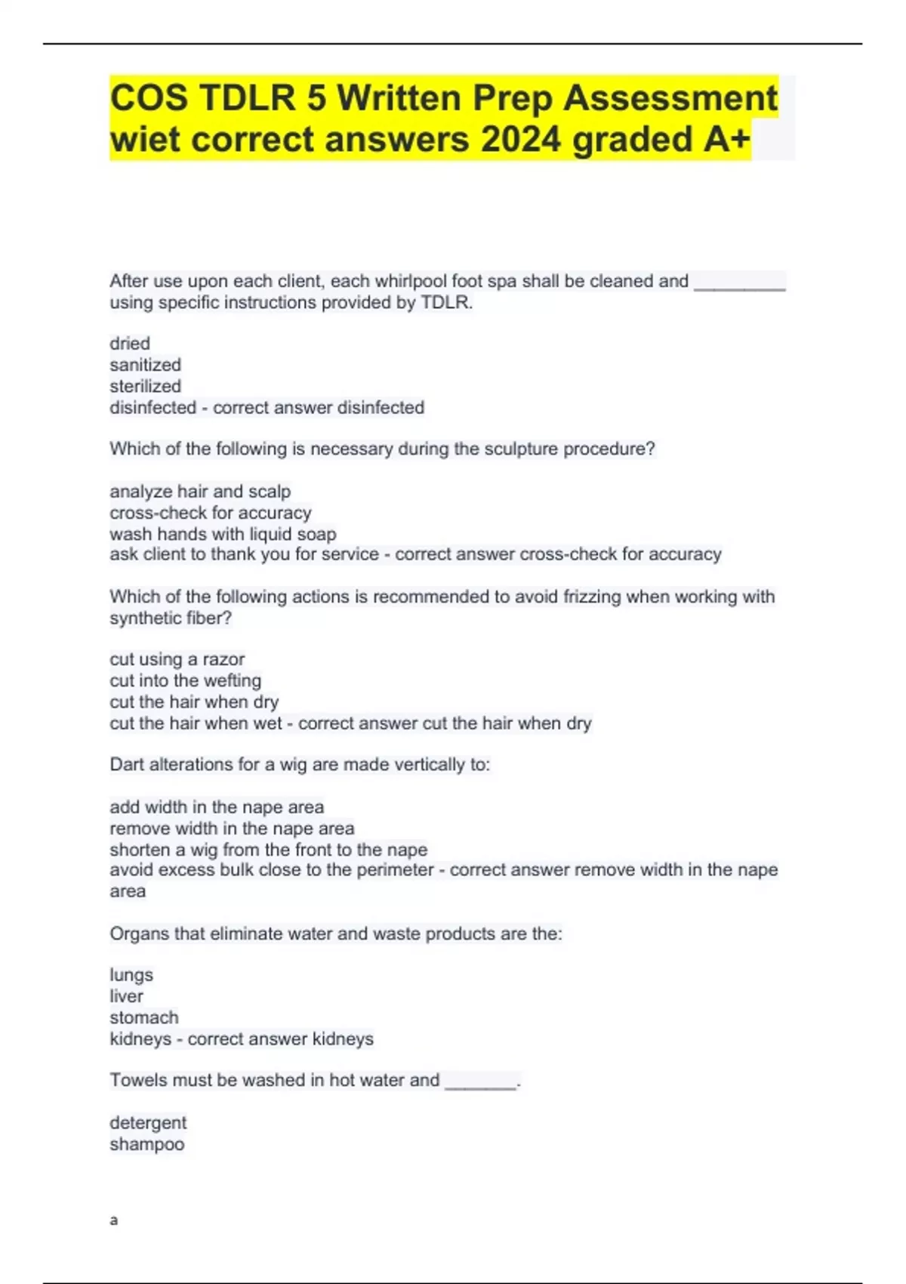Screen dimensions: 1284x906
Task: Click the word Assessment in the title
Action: pos(670,98)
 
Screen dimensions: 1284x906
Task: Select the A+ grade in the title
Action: pos(727,140)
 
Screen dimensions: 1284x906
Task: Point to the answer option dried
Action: pos(130,344)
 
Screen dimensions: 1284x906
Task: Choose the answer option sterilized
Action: pos(145,386)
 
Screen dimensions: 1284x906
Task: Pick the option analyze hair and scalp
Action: pos(200,492)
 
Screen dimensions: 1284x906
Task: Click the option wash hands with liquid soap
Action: pos(223,534)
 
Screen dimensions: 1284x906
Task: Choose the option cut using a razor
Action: pos(177,659)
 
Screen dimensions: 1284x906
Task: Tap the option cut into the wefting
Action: pos(185,681)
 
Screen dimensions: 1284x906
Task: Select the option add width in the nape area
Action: pos(217,807)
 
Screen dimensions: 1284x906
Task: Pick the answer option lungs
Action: pos(131,975)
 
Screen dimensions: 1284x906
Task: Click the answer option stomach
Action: pos(144,1017)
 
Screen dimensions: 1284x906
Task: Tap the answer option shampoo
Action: pos(147,1144)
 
